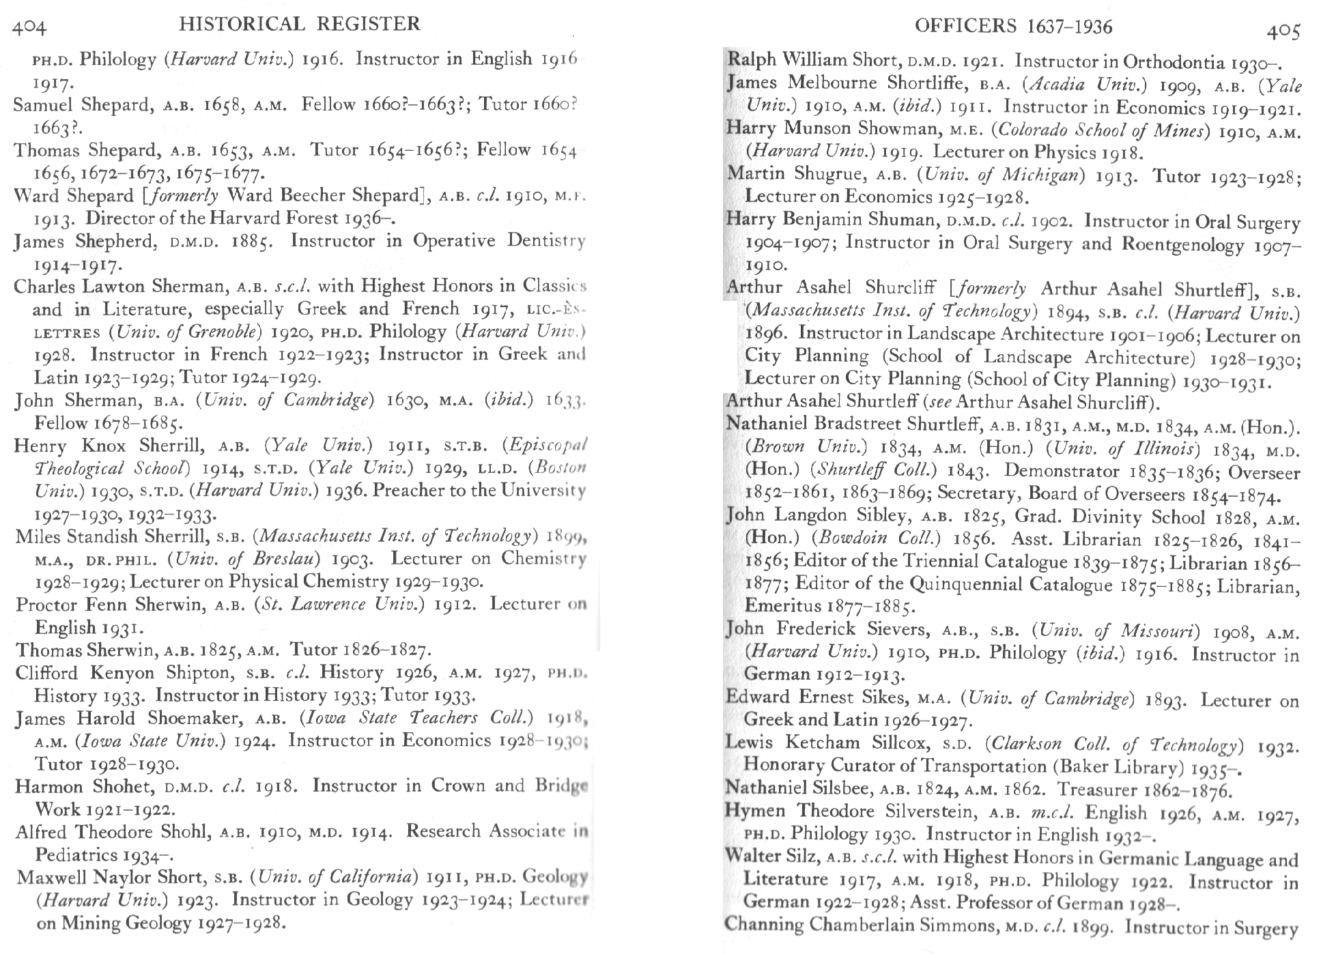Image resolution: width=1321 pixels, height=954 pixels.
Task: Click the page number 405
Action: [x=1283, y=31]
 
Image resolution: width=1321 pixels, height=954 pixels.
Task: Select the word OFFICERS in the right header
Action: [x=965, y=27]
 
